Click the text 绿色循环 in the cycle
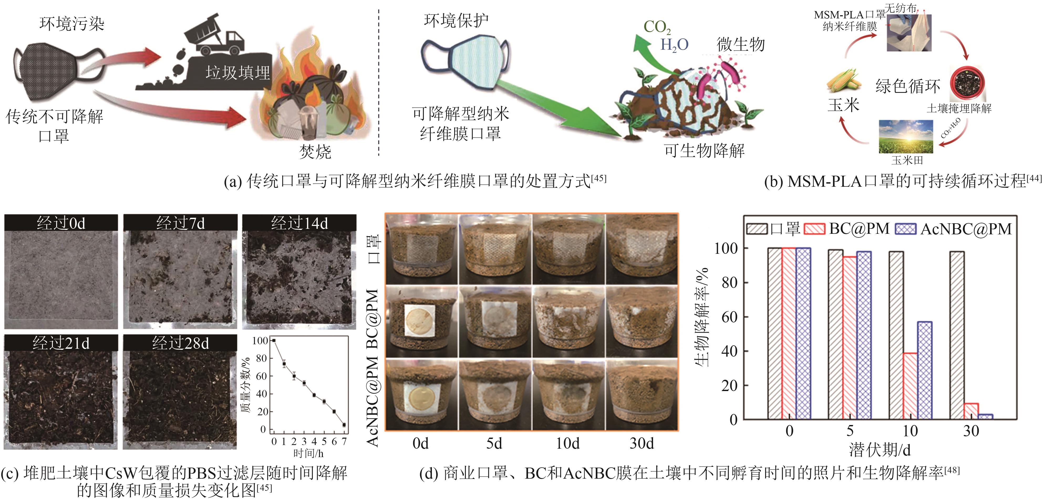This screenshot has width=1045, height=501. pyautogui.click(x=908, y=86)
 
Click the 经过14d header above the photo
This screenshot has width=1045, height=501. pyautogui.click(x=299, y=223)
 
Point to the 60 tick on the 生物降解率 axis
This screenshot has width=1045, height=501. pyautogui.click(x=729, y=317)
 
